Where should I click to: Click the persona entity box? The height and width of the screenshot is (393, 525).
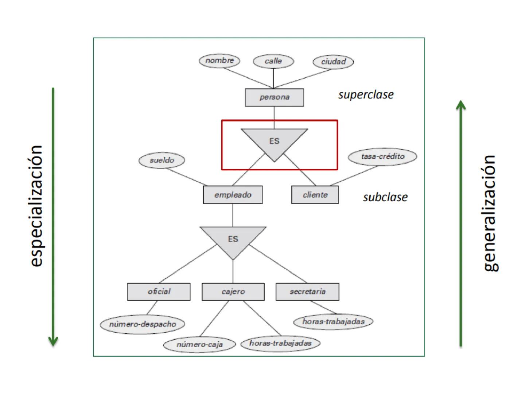click(x=274, y=98)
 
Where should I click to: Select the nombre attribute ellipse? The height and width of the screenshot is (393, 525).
click(x=219, y=60)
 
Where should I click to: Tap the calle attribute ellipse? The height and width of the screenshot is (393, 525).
click(x=273, y=61)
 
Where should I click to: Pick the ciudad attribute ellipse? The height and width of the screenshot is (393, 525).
click(x=333, y=62)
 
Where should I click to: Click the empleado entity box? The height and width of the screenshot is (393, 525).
click(x=233, y=195)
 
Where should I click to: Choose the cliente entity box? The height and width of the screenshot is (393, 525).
click(x=315, y=195)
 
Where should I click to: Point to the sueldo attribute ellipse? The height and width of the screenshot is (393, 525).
click(x=162, y=160)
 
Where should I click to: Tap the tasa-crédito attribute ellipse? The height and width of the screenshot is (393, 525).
click(x=382, y=157)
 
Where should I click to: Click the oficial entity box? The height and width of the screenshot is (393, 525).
click(x=159, y=291)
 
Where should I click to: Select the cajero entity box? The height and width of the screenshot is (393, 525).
click(x=233, y=291)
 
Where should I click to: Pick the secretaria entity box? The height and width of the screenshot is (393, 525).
click(x=307, y=291)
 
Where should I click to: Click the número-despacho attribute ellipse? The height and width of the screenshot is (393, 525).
click(x=142, y=324)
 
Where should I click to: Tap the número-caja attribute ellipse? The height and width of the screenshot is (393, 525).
click(x=199, y=345)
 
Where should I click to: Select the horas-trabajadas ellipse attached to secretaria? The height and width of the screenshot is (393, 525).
click(x=333, y=322)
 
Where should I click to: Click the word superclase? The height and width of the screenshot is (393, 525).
click(x=366, y=95)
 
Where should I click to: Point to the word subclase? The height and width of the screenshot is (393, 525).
click(x=385, y=197)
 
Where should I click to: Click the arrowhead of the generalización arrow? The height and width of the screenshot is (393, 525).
click(x=461, y=104)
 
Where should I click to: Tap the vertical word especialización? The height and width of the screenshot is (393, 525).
click(x=36, y=206)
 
